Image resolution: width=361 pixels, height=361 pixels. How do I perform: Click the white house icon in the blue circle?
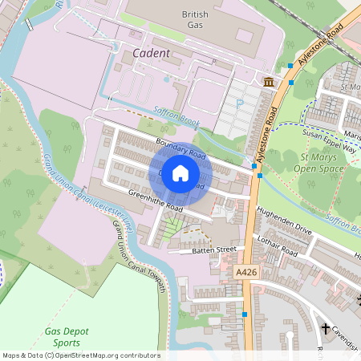(180, 172)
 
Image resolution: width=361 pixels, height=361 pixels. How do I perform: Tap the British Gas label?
(195, 20)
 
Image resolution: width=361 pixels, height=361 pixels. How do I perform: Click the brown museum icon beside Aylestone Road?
(267, 82)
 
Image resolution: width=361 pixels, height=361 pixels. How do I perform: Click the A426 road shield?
(246, 274)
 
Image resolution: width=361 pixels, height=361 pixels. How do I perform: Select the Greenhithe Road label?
(156, 201)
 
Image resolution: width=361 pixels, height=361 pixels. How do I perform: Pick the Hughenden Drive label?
(283, 221)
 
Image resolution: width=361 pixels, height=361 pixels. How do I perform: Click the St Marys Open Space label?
(314, 162)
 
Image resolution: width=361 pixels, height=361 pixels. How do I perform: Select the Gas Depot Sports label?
(68, 338)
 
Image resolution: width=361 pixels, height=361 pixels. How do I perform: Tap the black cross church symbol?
(326, 329)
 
